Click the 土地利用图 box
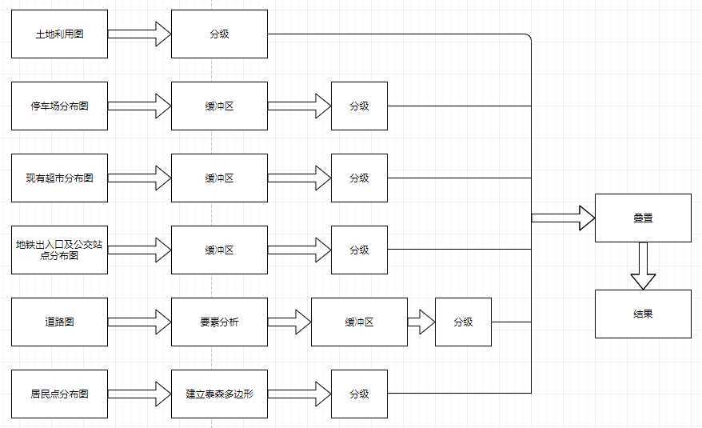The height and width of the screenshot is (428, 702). point(59,34)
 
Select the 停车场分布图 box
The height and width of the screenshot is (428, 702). point(59,106)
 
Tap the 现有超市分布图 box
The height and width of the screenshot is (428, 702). point(59,178)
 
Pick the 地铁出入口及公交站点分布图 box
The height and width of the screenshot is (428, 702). point(59,250)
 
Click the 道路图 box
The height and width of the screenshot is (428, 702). point(59,322)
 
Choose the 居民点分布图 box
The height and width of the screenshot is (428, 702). point(59,394)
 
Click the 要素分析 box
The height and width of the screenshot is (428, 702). point(219,322)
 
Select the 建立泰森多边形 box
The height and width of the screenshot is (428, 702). point(219,394)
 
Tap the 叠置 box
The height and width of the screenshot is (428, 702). point(643,218)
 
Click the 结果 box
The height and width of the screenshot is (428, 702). point(643,314)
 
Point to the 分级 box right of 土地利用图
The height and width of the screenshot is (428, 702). point(219,34)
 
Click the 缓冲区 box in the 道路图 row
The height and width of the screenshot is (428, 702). point(359,322)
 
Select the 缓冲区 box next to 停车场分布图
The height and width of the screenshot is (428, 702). point(219,106)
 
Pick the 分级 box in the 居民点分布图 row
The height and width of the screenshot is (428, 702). point(359,394)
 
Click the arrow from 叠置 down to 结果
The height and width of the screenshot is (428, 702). point(643,266)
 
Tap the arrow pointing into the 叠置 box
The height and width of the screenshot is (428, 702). point(563,218)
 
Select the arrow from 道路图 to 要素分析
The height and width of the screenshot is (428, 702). point(140,322)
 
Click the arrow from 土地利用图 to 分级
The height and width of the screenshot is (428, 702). point(140,34)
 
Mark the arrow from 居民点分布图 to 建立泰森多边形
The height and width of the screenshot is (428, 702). point(140,394)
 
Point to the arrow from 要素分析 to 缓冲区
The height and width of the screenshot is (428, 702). point(289,322)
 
